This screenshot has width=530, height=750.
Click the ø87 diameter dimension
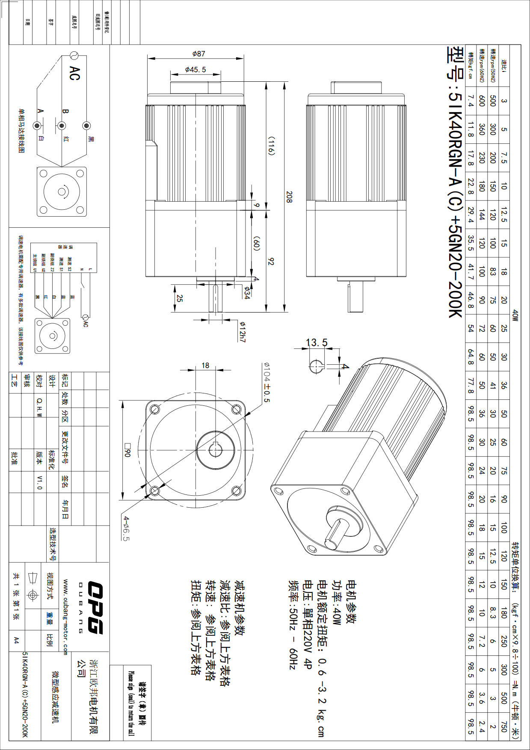198,54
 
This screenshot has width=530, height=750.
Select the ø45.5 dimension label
195,69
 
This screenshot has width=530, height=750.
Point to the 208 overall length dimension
289,197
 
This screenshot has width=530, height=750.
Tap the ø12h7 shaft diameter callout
242,331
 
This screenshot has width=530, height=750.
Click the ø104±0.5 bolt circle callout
266,382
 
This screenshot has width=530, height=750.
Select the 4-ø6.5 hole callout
126,528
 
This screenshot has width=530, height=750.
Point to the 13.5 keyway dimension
317,342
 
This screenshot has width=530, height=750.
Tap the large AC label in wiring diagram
74,73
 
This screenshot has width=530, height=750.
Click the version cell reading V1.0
39,481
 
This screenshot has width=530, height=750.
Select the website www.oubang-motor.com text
65,617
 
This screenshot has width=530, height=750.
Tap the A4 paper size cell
16,640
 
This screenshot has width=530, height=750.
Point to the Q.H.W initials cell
39,407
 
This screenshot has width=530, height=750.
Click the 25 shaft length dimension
179,298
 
